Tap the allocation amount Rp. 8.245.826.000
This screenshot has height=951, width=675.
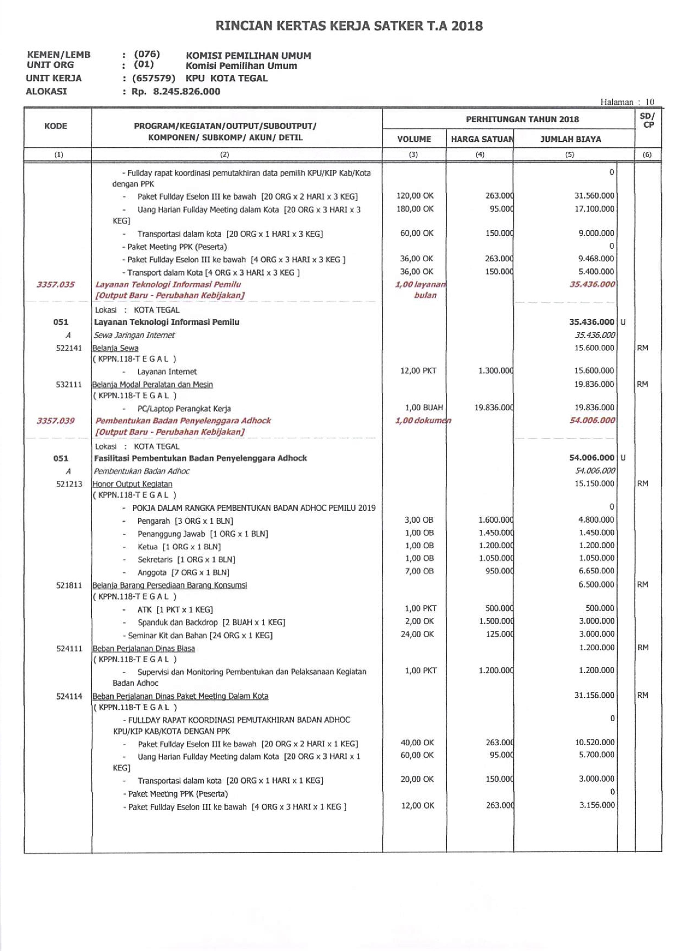click(176, 92)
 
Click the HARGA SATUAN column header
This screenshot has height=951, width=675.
click(481, 139)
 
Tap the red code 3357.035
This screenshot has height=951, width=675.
click(56, 285)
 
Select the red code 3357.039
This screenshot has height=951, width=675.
click(56, 421)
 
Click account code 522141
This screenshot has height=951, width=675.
click(69, 348)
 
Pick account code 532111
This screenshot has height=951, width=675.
click(69, 385)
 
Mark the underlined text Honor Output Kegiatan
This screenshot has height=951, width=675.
click(132, 484)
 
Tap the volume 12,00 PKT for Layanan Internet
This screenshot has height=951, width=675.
click(418, 370)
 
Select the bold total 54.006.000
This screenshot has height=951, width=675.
click(591, 458)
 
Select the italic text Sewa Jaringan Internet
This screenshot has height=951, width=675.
click(134, 335)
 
